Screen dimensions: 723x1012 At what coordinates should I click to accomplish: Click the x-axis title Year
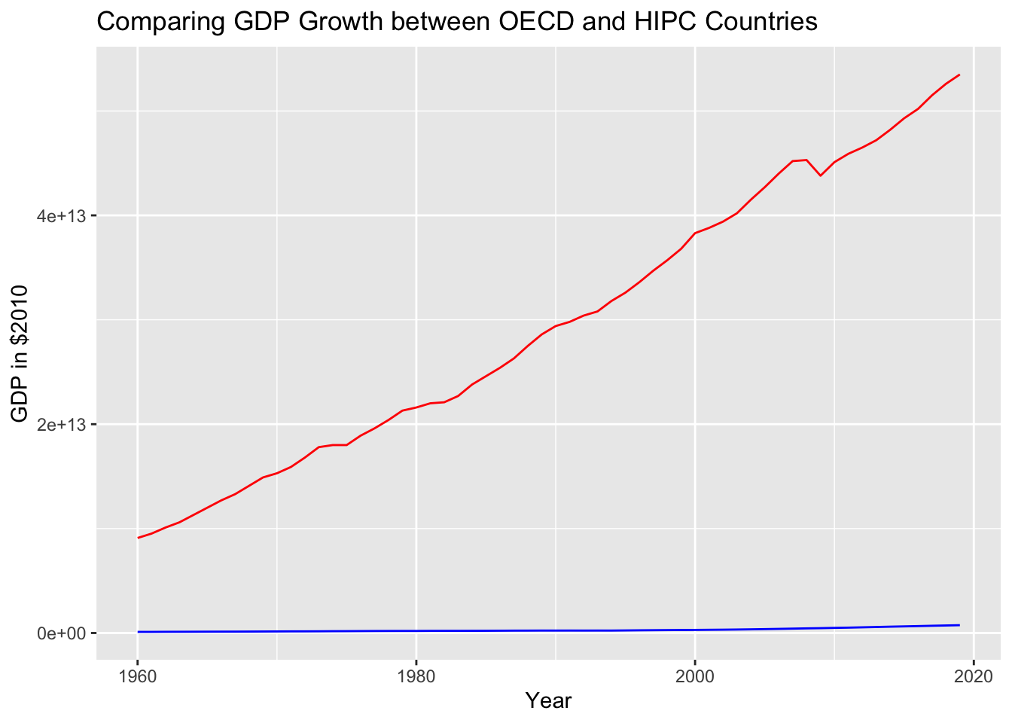pyautogui.click(x=549, y=701)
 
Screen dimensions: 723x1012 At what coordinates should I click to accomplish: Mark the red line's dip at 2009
pyautogui.click(x=821, y=175)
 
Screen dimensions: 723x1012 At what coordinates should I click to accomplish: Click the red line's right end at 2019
pyautogui.click(x=959, y=75)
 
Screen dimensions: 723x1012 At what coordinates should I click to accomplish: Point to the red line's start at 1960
pyautogui.click(x=138, y=538)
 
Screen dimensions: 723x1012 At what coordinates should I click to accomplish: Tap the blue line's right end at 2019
pyautogui.click(x=959, y=625)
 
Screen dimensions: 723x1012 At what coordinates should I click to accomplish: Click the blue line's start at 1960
pyautogui.click(x=138, y=632)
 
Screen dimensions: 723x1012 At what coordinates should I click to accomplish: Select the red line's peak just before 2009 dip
pyautogui.click(x=806, y=160)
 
